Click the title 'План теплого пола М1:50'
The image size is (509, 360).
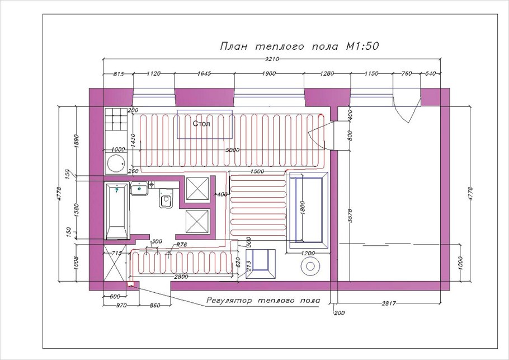point(299,46)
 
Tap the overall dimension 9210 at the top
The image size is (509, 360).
point(272,59)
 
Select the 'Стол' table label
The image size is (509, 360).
point(201,124)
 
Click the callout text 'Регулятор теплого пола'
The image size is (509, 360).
point(263,301)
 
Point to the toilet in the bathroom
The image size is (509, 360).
point(166,199)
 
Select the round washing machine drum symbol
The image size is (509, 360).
point(116,163)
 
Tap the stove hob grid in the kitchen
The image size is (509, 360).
point(116,119)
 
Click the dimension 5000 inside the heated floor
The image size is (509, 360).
point(233,150)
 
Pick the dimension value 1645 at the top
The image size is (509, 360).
point(204,73)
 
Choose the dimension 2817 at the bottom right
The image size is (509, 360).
point(389,303)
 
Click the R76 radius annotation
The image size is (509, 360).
point(181,245)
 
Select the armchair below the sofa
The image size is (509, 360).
point(260,264)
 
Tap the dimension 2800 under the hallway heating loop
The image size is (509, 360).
point(181,277)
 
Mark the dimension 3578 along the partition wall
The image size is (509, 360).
point(350,216)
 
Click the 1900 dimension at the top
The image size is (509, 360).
point(269,73)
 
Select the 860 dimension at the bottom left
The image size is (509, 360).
point(155,306)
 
